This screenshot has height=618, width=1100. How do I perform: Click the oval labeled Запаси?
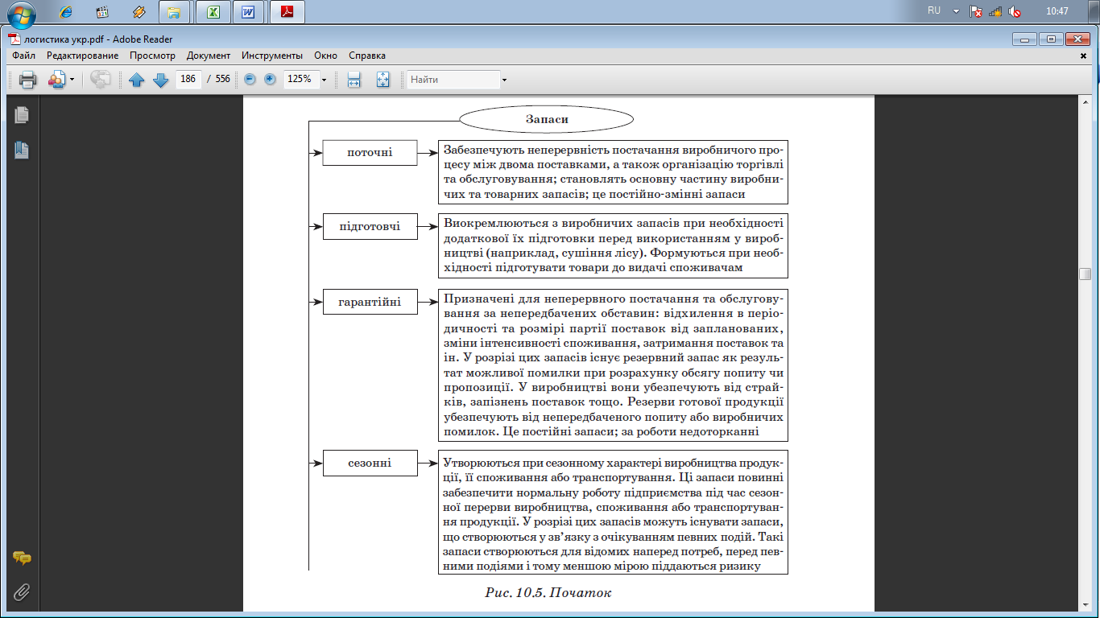point(547,119)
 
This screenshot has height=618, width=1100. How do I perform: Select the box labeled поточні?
point(370,152)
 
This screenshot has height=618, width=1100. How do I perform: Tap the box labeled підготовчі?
point(370,227)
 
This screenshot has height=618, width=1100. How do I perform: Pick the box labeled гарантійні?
point(370,303)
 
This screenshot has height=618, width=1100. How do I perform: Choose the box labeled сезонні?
point(370,463)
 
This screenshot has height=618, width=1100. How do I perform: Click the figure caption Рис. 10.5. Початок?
point(548,593)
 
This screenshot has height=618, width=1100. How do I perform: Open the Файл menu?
point(24,56)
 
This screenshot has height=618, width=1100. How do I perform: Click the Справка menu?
point(367,56)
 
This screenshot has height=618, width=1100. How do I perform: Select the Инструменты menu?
point(272,56)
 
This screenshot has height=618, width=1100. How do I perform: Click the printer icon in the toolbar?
point(27,80)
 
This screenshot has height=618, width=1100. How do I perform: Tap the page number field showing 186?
point(188,80)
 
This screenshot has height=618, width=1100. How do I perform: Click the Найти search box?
point(453,80)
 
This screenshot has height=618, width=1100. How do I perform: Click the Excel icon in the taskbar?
point(213,12)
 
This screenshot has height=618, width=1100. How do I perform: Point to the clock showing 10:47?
point(1057,11)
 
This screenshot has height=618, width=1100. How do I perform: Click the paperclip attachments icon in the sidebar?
point(22,592)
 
